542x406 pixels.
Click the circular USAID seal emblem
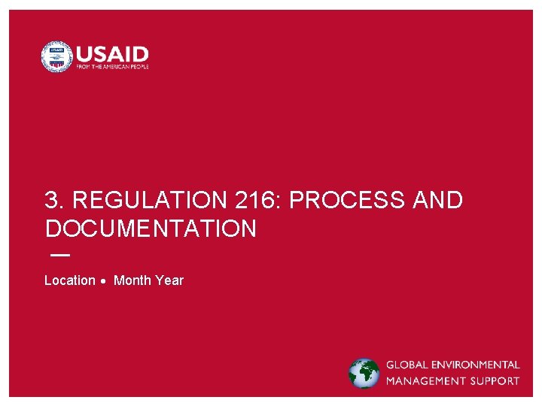point(56,56)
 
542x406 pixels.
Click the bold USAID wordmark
point(112,53)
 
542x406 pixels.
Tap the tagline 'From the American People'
point(112,67)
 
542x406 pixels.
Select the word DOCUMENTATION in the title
point(151,229)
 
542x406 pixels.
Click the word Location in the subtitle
point(70,280)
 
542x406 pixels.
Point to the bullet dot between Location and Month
point(104,281)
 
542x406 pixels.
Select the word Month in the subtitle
point(132,280)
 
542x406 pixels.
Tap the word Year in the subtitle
point(169,280)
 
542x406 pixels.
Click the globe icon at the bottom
point(364,374)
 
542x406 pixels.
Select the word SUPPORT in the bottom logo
point(494,381)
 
